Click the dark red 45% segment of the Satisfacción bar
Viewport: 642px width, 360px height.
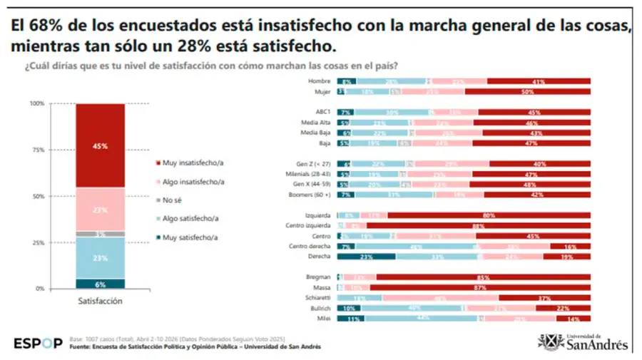pyautogui.click(x=100, y=145)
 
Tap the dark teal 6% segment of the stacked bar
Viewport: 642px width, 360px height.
pyautogui.click(x=100, y=283)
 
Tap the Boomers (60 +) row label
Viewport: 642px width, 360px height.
pyautogui.click(x=312, y=194)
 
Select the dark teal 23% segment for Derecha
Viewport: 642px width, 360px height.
pyautogui.click(x=366, y=257)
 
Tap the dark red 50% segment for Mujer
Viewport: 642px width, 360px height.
pyautogui.click(x=527, y=92)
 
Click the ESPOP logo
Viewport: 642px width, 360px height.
pyautogui.click(x=38, y=344)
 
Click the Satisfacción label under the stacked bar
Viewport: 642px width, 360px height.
pyautogui.click(x=100, y=302)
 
